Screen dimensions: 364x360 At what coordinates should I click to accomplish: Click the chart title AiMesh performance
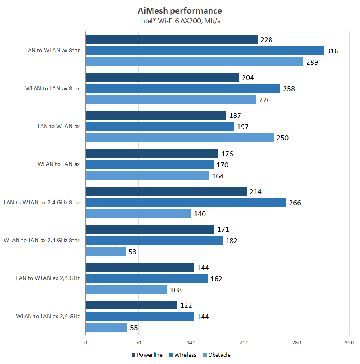click(x=180, y=11)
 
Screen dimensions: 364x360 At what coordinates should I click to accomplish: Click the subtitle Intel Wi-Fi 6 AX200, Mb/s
click(x=180, y=21)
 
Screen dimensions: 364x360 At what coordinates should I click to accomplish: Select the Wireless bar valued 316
click(x=205, y=51)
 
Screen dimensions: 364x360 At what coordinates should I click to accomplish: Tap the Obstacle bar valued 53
click(x=106, y=252)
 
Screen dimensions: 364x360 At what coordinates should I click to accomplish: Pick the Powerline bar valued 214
click(x=166, y=192)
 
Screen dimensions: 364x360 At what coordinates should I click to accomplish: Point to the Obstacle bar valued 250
click(x=180, y=138)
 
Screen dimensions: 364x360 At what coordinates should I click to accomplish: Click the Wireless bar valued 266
click(x=186, y=203)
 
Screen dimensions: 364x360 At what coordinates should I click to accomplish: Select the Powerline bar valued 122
click(x=132, y=305)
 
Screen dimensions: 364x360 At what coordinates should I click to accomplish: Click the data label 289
click(x=312, y=62)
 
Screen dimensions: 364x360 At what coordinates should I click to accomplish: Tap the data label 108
click(x=176, y=290)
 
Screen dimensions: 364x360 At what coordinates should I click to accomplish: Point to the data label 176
click(x=227, y=154)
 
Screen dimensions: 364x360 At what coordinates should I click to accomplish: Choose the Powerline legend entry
click(x=147, y=355)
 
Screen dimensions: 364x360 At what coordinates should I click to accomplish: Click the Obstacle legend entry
click(x=216, y=355)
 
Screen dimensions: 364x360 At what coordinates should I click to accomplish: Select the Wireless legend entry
click(x=183, y=355)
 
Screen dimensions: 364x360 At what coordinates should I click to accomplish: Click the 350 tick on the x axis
click(x=349, y=342)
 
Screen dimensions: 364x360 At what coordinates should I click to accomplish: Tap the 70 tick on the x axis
click(x=138, y=342)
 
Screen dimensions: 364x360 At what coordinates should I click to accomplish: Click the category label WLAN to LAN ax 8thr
click(x=52, y=88)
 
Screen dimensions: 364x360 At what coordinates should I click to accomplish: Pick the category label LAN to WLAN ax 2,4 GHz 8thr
click(x=41, y=202)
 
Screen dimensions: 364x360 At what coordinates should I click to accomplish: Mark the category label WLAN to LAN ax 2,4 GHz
click(x=48, y=317)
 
